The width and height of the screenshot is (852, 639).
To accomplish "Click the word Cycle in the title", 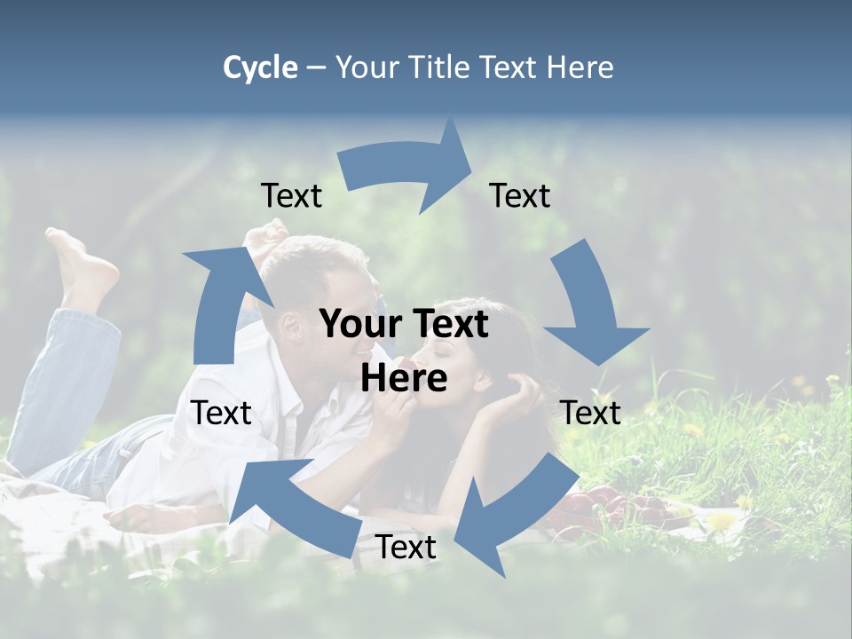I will [260, 67].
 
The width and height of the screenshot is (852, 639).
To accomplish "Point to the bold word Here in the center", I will [404, 378].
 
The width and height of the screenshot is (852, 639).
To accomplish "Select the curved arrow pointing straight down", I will [590, 306].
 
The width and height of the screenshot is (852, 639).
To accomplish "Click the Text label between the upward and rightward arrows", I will [291, 196].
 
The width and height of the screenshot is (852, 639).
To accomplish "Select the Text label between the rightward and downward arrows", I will [520, 196].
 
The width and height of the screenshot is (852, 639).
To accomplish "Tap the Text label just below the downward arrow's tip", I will [590, 413].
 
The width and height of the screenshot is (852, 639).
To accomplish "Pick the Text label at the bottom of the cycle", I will [405, 548].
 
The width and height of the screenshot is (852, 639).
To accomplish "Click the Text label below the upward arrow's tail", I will [221, 413].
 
